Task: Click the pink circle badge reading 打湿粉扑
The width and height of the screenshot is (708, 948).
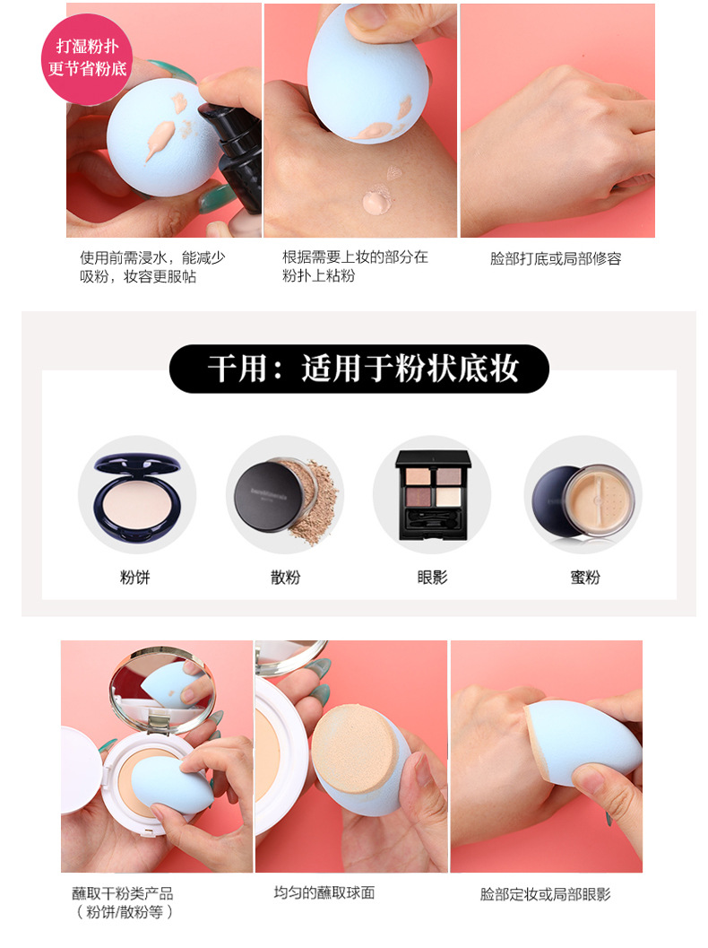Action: click(x=86, y=58)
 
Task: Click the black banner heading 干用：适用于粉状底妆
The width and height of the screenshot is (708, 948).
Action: click(x=358, y=369)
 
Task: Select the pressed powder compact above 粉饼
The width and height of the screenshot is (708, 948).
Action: click(x=138, y=495)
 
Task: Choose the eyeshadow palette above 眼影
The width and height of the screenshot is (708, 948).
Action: click(x=432, y=494)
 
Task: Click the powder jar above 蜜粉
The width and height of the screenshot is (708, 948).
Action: click(x=583, y=500)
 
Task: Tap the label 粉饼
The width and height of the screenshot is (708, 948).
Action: click(x=134, y=578)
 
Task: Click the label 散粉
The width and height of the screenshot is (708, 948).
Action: click(x=285, y=578)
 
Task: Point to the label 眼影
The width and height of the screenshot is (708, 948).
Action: click(x=432, y=578)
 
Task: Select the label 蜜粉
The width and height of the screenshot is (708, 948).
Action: click(x=584, y=578)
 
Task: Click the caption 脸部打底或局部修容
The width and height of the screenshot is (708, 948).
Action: click(x=556, y=259)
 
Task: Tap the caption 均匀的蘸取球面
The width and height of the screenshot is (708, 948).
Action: click(x=324, y=892)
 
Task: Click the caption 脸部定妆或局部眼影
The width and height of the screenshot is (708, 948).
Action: click(x=546, y=894)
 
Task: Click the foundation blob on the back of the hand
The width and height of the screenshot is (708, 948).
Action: click(x=378, y=202)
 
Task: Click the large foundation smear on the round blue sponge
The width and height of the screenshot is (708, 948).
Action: click(x=160, y=138)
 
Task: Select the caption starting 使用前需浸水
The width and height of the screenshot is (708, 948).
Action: click(x=152, y=266)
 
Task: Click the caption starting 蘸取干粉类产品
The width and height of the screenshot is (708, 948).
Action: click(x=123, y=902)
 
